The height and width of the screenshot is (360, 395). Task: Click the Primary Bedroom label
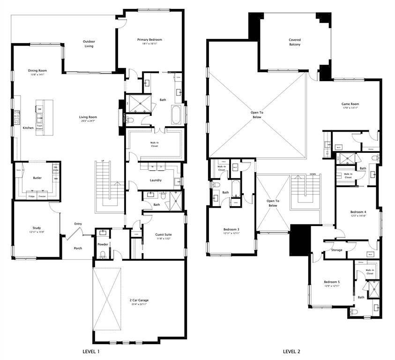click(149, 40)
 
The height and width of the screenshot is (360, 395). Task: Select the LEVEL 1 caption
click(90, 351)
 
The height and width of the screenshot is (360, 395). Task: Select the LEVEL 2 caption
click(291, 351)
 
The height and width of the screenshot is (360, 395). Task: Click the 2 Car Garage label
click(139, 300)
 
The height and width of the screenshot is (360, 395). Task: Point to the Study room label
click(37, 228)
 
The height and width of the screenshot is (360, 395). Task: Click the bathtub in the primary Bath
click(176, 115)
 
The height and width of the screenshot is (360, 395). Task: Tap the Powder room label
click(103, 244)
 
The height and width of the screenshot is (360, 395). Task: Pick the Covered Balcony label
click(295, 42)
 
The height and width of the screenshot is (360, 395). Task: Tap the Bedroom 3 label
click(231, 229)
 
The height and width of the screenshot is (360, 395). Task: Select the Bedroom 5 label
click(332, 282)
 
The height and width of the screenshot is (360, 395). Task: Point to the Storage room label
click(336, 250)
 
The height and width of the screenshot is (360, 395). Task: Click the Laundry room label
click(156, 180)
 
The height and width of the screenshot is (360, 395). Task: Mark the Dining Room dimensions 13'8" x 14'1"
click(37, 75)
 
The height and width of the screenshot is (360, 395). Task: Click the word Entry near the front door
click(78, 224)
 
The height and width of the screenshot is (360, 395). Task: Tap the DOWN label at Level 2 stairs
click(313, 174)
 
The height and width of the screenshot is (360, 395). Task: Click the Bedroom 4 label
click(358, 212)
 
